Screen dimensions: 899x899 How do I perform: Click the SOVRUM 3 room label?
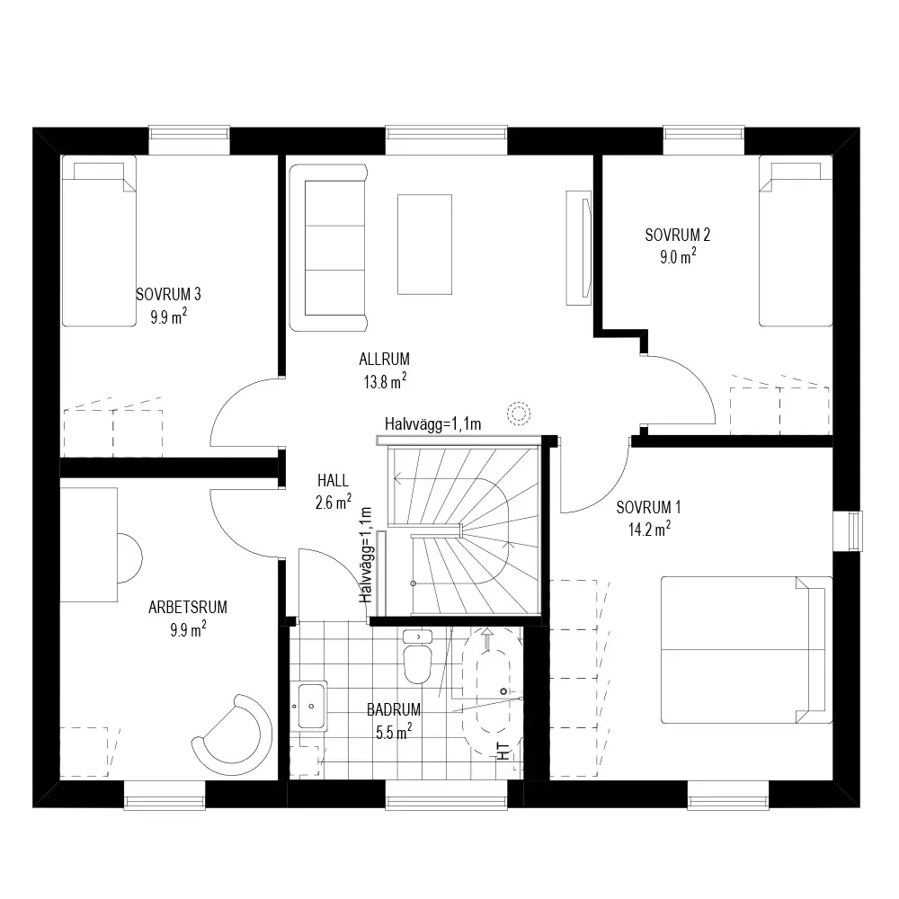click(x=168, y=294)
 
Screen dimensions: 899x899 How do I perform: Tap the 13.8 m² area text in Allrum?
click(x=385, y=380)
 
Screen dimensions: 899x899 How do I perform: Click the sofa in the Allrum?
click(x=328, y=248)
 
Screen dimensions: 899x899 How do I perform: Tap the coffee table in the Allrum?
click(x=424, y=245)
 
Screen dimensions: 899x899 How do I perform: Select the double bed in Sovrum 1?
click(x=746, y=650)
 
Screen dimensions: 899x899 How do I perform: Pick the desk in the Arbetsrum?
click(x=89, y=545)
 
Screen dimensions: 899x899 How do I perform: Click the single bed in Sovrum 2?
click(x=796, y=241)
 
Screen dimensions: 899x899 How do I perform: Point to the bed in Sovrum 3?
click(x=99, y=241)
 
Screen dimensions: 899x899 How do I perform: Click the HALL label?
click(x=334, y=480)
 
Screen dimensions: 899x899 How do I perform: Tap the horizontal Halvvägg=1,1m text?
click(x=433, y=423)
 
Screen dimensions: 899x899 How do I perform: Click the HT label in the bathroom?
click(x=503, y=751)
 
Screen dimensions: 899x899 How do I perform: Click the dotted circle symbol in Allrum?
click(x=519, y=413)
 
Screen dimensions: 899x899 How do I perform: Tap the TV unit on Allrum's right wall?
click(x=578, y=248)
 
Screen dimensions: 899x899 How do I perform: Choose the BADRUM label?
click(x=394, y=710)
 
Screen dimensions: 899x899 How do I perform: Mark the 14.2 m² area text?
click(x=649, y=529)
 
